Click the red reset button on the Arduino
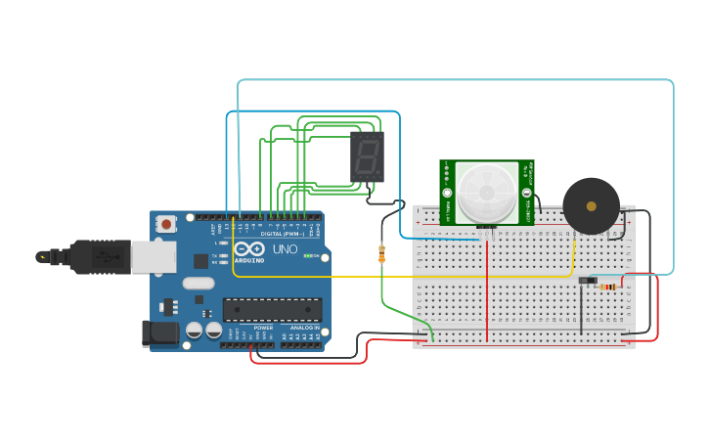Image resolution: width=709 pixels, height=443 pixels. [x=166, y=224]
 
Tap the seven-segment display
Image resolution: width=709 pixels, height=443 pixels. [x=367, y=156]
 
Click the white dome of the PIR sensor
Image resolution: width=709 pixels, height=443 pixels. [x=486, y=192]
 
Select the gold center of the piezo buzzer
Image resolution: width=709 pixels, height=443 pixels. [x=591, y=205]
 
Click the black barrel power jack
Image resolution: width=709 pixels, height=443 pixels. [x=160, y=332]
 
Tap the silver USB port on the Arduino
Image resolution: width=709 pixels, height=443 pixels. [x=156, y=256]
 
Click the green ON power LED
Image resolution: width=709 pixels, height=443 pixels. [x=308, y=256]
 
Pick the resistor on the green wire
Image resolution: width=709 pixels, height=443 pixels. [x=381, y=254]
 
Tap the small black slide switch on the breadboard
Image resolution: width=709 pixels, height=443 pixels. [x=588, y=282]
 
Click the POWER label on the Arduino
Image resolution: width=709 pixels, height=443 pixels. [x=263, y=328]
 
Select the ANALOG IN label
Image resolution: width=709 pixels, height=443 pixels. [x=304, y=328]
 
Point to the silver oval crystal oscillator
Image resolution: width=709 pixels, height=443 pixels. [x=198, y=284]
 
